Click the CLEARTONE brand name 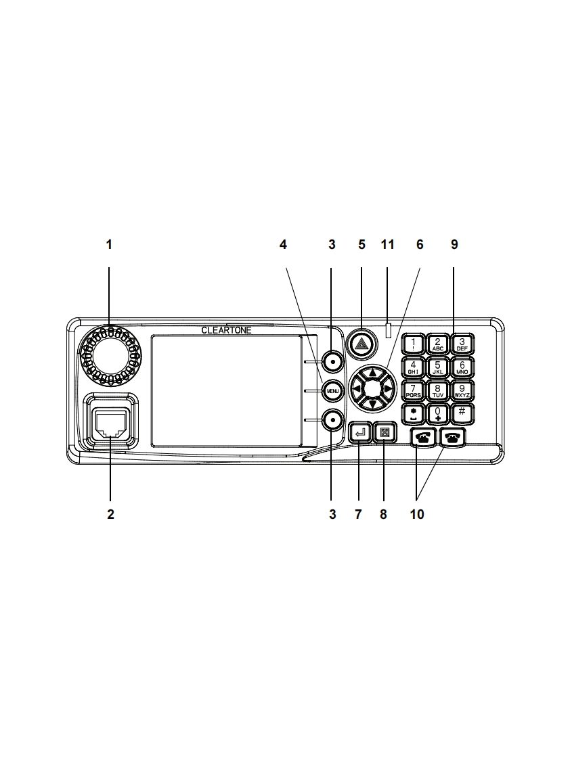point(225,330)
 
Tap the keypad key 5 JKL point(437,367)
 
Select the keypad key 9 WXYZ point(462,389)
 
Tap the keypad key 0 point(437,412)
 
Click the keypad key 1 point(414,344)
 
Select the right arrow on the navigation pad point(388,389)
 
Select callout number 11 point(387,245)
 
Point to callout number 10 point(417,515)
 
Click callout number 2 point(110,515)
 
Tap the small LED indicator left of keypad point(387,331)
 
